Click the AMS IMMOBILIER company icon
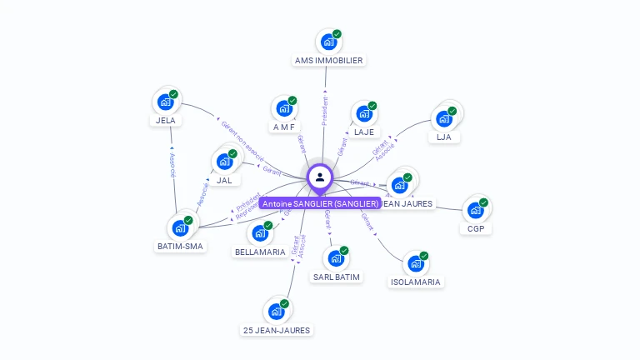pyautogui.click(x=328, y=42)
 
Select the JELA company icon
pyautogui.click(x=166, y=102)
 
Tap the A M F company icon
pyautogui.click(x=284, y=108)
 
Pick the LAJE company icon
pyautogui.click(x=363, y=113)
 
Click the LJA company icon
pyautogui.click(x=444, y=118)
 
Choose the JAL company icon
pyautogui.click(x=224, y=161)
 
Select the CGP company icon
pyautogui.click(x=475, y=210)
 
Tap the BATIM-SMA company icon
pyautogui.click(x=180, y=227)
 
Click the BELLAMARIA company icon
pyautogui.click(x=260, y=233)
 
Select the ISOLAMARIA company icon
pyautogui.click(x=415, y=264)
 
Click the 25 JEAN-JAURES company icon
pyautogui.click(x=276, y=312)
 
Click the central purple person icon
pyautogui.click(x=320, y=177)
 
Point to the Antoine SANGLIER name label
pyautogui.click(x=320, y=203)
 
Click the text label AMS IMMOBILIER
pyautogui.click(x=329, y=61)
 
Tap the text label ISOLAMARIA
pyautogui.click(x=416, y=282)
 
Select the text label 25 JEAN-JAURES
pyautogui.click(x=277, y=331)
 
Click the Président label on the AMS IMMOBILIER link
pyautogui.click(x=325, y=111)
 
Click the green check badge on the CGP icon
pyautogui.click(x=483, y=202)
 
